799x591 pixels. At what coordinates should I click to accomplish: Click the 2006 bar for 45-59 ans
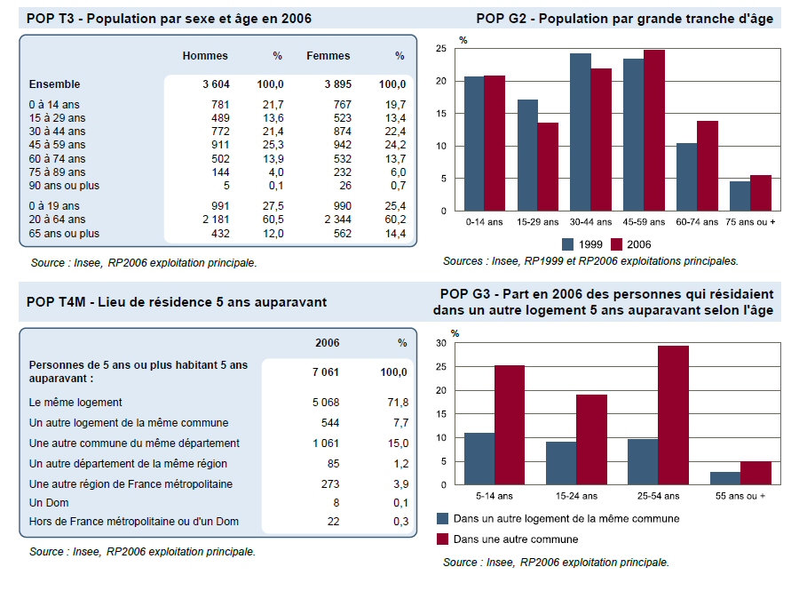point(654,131)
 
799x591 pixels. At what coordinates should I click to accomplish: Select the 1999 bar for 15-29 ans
point(527,156)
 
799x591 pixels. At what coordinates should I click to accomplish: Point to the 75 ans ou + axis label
point(750,221)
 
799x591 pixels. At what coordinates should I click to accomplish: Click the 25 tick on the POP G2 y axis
point(441,49)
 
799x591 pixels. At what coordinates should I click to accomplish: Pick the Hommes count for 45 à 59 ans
point(217,144)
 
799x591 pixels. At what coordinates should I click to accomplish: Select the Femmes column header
point(328,56)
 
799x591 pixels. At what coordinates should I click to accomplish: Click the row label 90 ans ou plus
point(64,186)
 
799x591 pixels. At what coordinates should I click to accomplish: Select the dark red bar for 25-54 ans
point(673,415)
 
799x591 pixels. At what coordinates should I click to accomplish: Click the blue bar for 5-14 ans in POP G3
point(479,459)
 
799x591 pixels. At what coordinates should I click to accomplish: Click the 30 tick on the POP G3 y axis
point(441,343)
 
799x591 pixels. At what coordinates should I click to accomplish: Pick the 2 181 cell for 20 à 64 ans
point(217,219)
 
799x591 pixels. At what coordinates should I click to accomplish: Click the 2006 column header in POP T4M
point(328,343)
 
